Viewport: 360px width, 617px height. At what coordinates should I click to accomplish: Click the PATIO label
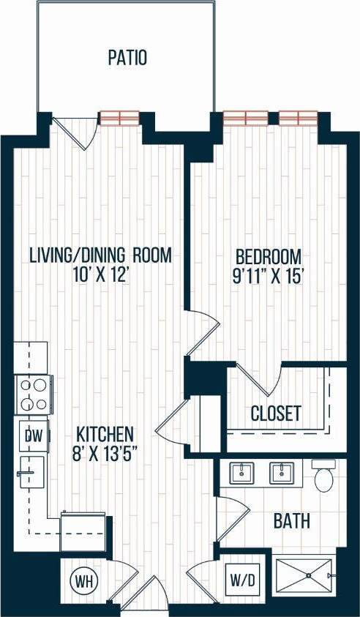coord(127,58)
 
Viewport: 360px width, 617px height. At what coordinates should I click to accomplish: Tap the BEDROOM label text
coord(269,258)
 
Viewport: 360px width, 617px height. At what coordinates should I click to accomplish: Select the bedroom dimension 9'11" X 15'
coord(269,277)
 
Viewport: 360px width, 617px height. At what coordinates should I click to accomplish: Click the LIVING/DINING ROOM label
coord(101,255)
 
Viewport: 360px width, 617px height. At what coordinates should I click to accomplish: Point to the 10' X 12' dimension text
coord(101,277)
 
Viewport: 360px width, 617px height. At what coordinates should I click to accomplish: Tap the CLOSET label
coord(276,414)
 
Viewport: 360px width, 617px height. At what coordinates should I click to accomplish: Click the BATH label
coord(291,521)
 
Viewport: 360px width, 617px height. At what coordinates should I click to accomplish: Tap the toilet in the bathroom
coord(323,476)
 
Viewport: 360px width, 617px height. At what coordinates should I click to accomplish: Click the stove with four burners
coord(32,394)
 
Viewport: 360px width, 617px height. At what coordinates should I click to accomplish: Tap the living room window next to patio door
coord(119,117)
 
